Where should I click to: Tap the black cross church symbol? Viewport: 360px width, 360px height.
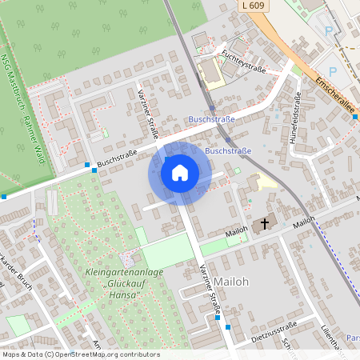click(265, 225)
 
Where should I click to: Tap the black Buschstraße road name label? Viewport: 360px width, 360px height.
click(117, 158)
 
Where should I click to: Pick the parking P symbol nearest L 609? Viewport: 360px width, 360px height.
click(328, 31)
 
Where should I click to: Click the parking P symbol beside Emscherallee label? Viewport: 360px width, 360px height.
click(333, 70)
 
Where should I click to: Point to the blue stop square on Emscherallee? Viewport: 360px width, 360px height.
click(354, 117)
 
